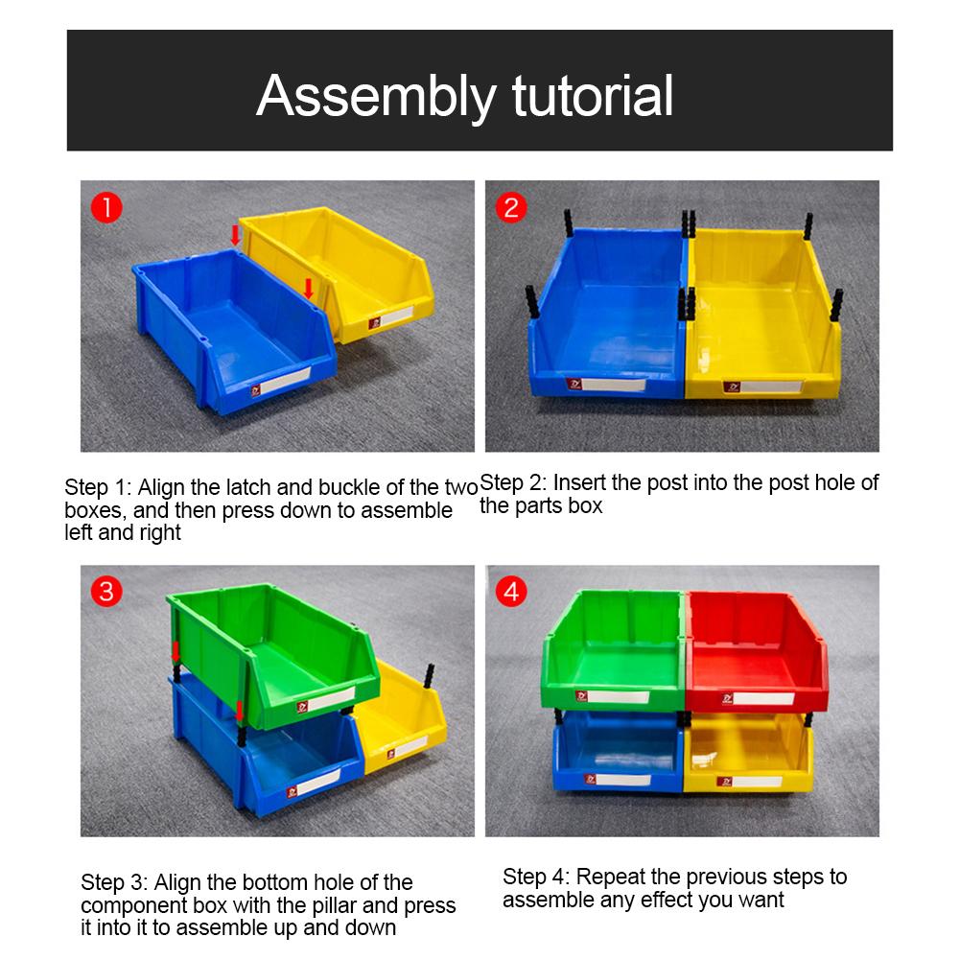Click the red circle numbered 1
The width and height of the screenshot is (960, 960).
(x=106, y=207)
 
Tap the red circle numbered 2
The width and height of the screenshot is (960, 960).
(x=511, y=207)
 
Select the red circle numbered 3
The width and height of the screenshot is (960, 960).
(x=106, y=592)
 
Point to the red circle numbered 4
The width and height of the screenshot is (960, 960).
(x=511, y=592)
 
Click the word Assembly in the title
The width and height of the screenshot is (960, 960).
(x=377, y=97)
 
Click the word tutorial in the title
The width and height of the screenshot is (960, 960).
(x=593, y=96)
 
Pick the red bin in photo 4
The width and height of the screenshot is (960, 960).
(x=757, y=651)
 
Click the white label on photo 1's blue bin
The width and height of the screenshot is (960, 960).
(x=287, y=380)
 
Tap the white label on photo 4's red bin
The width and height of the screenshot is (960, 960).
(x=763, y=698)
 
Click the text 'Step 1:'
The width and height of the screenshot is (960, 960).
(x=98, y=488)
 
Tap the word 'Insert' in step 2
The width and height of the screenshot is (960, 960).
(x=579, y=482)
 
